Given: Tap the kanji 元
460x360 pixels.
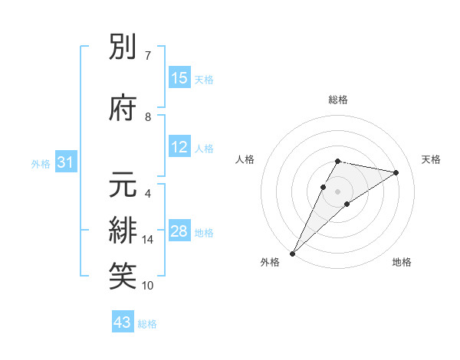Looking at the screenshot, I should [124, 185].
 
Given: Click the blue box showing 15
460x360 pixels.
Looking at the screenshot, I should [179, 79].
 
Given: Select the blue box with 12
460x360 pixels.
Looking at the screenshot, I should [179, 148].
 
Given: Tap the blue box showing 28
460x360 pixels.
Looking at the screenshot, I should [179, 232].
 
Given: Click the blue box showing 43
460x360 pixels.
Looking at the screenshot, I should [123, 323].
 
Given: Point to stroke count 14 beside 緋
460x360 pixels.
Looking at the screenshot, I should [148, 240].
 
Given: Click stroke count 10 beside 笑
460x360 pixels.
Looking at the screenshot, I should [148, 286].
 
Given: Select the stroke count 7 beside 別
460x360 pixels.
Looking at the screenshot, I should [148, 56].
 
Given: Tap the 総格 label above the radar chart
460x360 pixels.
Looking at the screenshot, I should [337, 100].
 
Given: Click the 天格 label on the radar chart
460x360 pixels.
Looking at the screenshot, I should [431, 159].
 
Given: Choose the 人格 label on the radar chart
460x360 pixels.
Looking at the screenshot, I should [245, 159].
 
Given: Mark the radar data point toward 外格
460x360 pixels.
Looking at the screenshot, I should [292, 253].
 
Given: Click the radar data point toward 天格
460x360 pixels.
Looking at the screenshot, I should [396, 172].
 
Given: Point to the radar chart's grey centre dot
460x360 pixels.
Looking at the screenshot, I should [337, 191].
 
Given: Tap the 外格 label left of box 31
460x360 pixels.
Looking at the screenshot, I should [40, 163].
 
